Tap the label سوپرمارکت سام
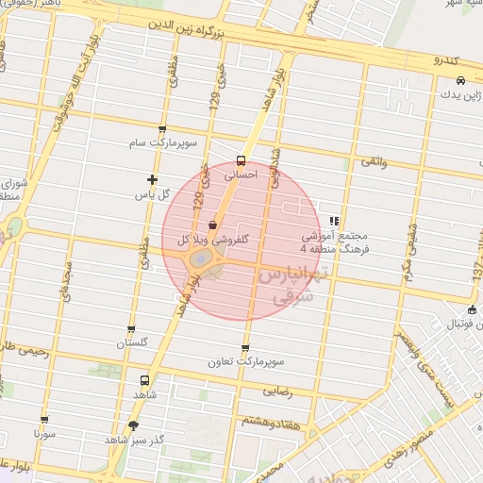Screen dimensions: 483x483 [163, 143]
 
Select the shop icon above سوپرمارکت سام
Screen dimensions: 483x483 [163, 129]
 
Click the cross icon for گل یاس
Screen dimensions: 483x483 [152, 179]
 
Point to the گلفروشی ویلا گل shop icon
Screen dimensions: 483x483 [212, 225]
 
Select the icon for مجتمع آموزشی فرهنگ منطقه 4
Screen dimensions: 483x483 [334, 220]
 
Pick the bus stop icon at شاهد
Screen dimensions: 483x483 [143, 381]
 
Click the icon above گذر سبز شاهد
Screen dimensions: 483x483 [132, 425]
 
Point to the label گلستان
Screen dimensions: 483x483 [132, 343]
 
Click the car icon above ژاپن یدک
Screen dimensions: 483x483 [460, 80]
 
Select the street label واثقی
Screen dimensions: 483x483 [371, 162]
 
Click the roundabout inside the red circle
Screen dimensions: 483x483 [201, 258]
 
